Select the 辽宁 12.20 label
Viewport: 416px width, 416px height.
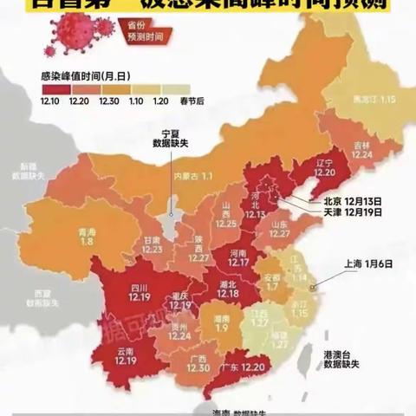325,167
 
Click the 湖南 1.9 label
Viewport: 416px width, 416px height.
220,324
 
